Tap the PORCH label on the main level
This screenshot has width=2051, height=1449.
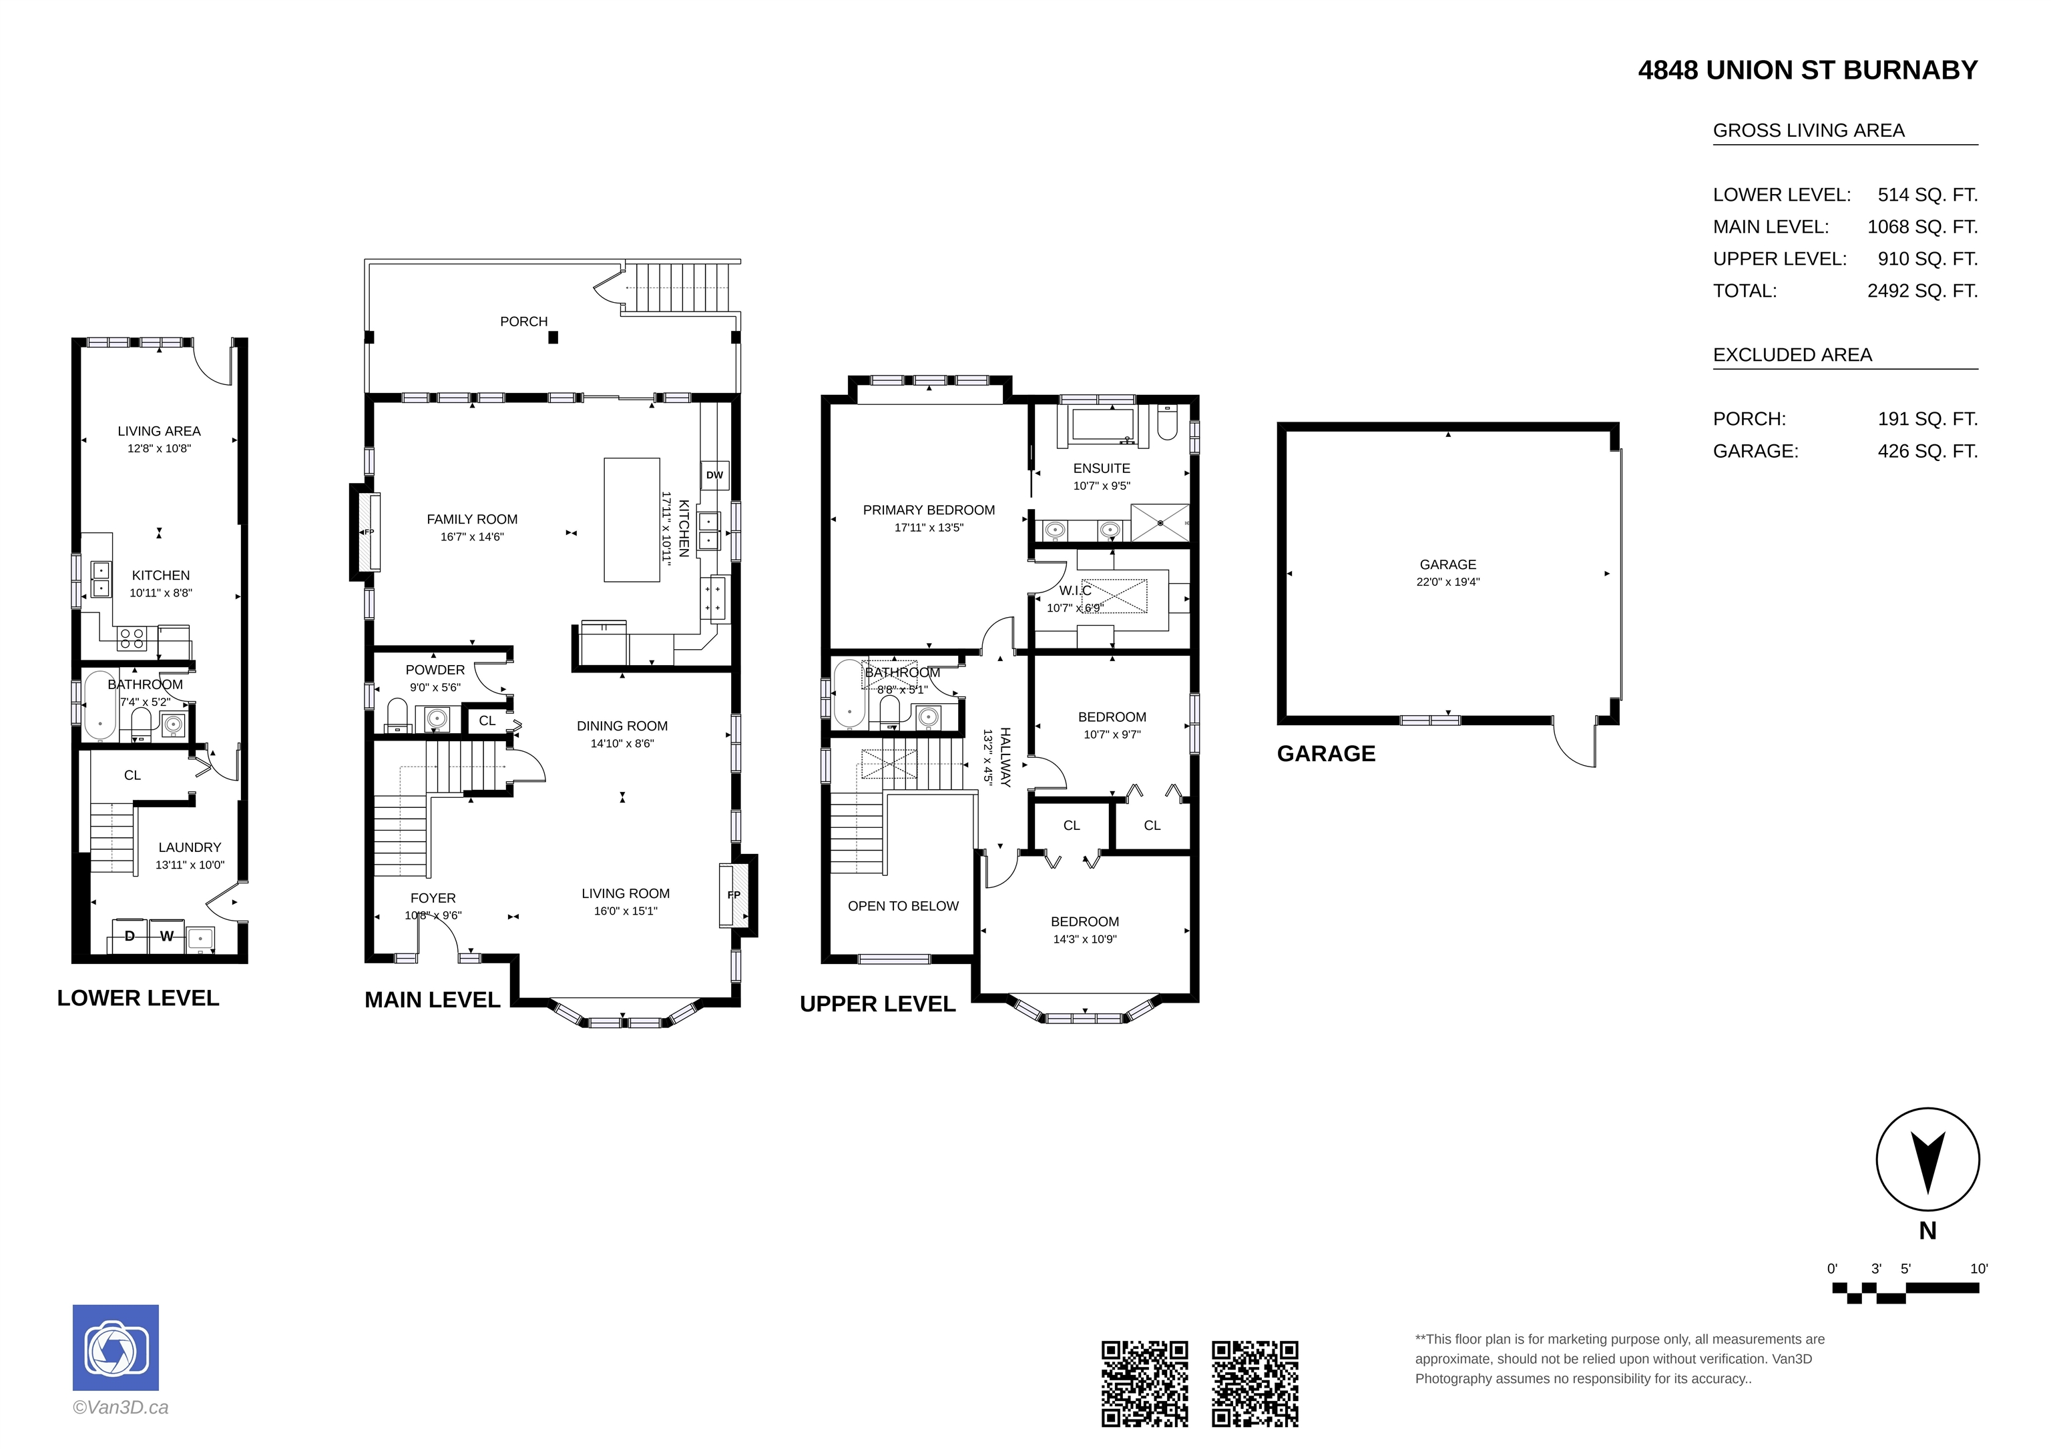click(523, 322)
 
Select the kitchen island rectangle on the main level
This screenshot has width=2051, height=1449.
click(632, 520)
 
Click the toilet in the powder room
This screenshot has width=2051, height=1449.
click(397, 714)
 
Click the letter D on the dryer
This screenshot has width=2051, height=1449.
click(130, 937)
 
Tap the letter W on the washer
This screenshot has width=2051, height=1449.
click(167, 937)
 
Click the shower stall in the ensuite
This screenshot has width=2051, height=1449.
click(1160, 522)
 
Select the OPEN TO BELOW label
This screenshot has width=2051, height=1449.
click(903, 906)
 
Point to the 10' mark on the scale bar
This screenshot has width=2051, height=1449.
click(1979, 1269)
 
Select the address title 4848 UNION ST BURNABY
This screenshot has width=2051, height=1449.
click(1808, 71)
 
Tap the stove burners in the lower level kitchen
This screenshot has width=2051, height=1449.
click(132, 638)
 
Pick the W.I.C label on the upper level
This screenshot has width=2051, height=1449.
click(1076, 591)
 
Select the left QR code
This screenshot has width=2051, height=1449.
click(1144, 1384)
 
